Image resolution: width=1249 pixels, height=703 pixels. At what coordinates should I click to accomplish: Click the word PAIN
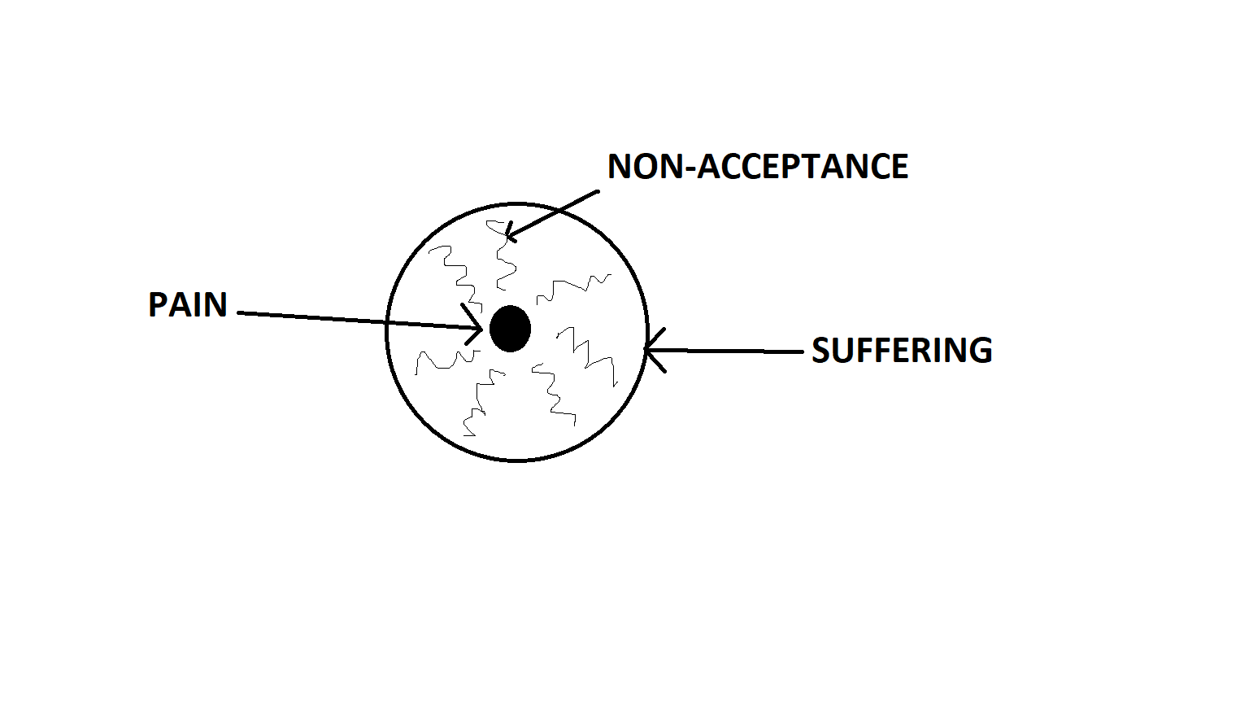pos(187,304)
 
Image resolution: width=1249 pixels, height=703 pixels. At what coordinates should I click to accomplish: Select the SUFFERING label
pos(902,351)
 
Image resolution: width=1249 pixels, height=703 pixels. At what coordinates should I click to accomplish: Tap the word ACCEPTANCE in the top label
pos(803,166)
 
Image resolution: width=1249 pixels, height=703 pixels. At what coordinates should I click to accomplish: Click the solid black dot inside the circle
pos(510,329)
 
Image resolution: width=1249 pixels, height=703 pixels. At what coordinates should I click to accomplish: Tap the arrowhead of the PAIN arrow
pos(474,325)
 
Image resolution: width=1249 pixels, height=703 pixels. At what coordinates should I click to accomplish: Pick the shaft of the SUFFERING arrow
pos(724,351)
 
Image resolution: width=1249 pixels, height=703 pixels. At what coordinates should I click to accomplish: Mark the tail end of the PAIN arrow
pos(239,313)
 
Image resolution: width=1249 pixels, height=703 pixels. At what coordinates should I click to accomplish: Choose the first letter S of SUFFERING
pos(821,351)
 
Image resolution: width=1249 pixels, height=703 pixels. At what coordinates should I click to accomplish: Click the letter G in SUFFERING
pos(981,351)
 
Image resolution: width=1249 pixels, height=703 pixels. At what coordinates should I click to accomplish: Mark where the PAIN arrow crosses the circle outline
pos(387,322)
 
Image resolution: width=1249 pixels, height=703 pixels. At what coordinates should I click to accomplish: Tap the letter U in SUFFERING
pos(843,351)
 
